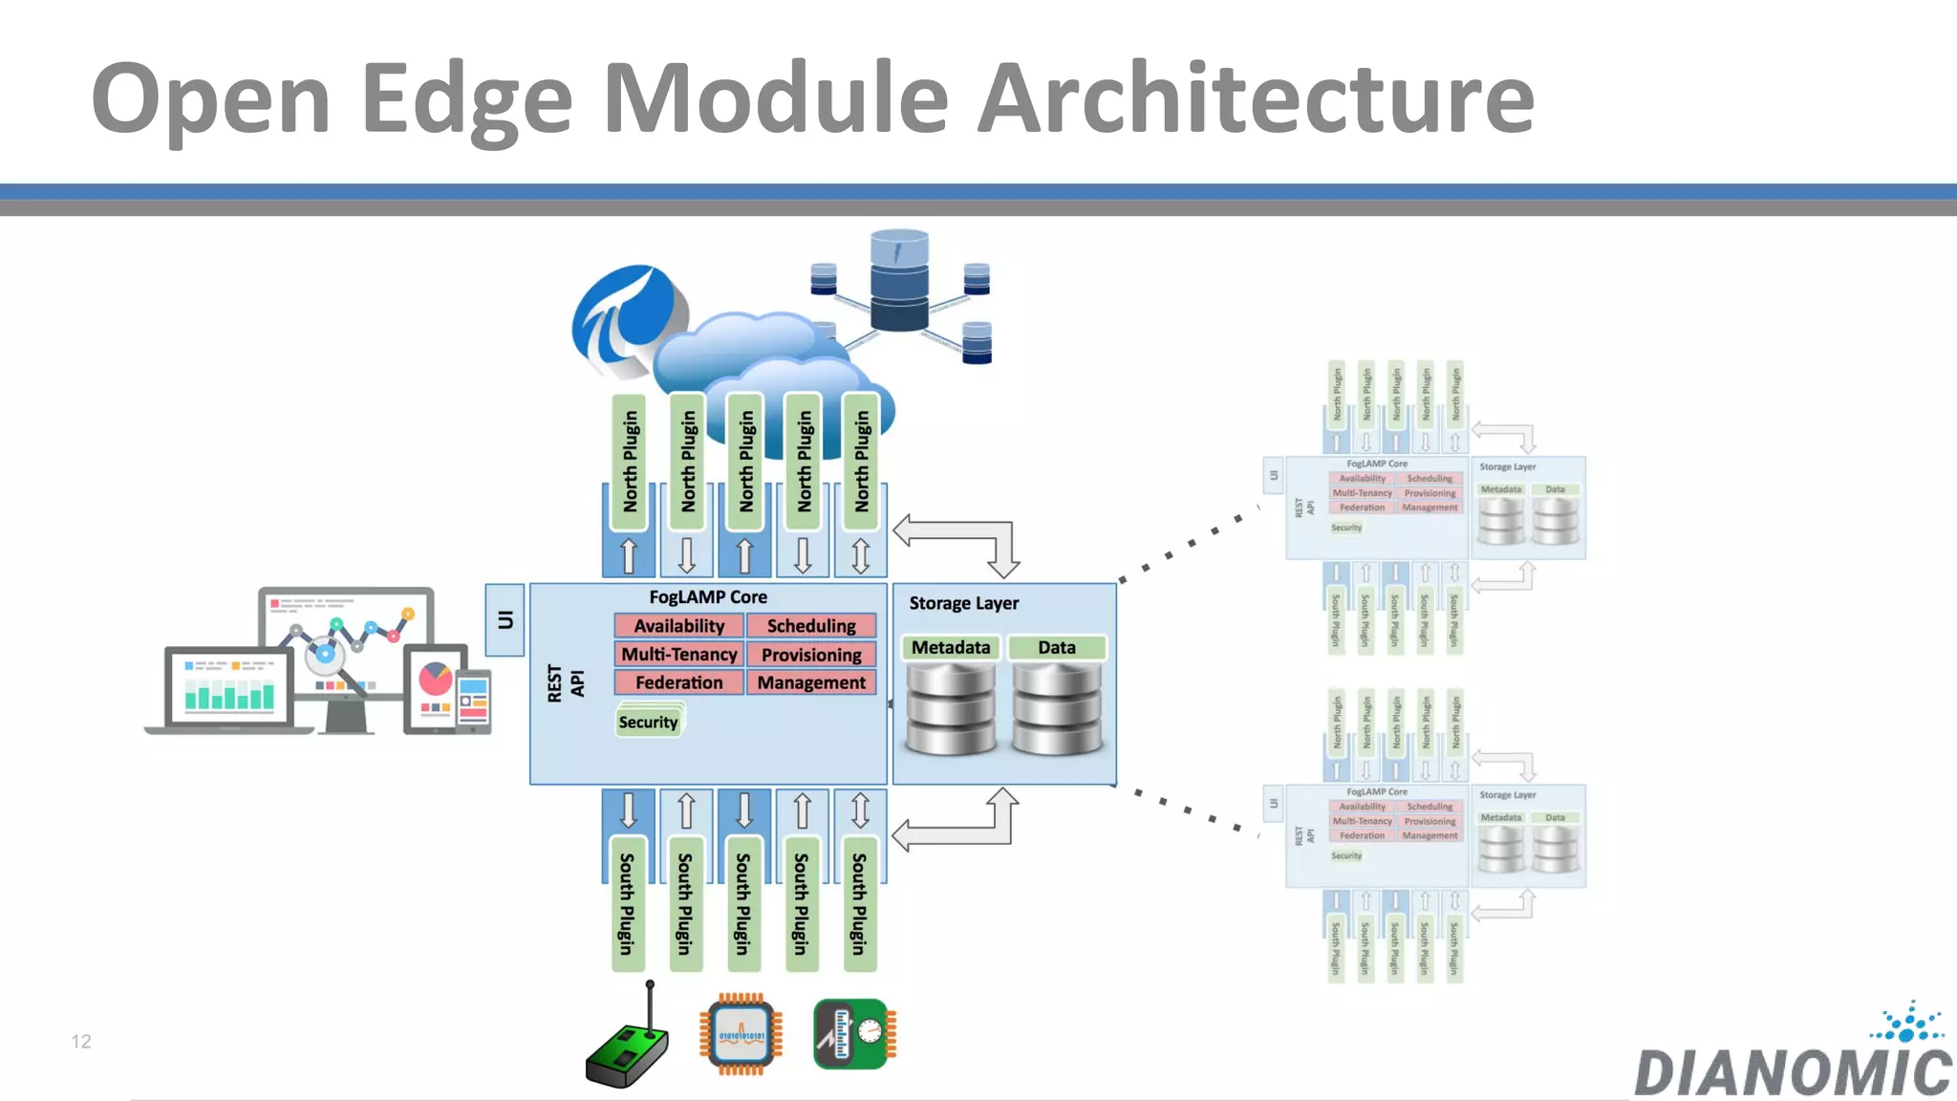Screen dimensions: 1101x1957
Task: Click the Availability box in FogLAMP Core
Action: (678, 626)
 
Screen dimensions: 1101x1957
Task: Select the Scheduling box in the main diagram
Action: (811, 626)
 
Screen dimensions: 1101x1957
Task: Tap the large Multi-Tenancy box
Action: (678, 655)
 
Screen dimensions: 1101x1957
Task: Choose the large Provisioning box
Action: (811, 655)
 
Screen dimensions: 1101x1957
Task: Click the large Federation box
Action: (678, 682)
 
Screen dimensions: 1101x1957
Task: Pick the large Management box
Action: (811, 682)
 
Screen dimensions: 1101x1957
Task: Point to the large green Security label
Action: (648, 723)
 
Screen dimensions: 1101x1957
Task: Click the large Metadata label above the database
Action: (950, 648)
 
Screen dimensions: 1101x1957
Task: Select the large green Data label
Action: (1057, 648)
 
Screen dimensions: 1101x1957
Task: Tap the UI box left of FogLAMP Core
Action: (505, 620)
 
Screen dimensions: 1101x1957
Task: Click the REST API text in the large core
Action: (566, 683)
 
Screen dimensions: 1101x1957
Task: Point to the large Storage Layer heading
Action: (963, 603)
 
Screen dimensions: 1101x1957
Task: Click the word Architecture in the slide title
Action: (1256, 97)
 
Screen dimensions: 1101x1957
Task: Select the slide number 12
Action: (81, 1042)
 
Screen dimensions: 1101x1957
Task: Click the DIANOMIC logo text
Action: (1793, 1072)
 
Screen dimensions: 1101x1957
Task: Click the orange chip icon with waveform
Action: (741, 1035)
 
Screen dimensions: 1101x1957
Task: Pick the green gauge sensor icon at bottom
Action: (854, 1034)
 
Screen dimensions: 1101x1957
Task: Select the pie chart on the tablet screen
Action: (436, 679)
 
